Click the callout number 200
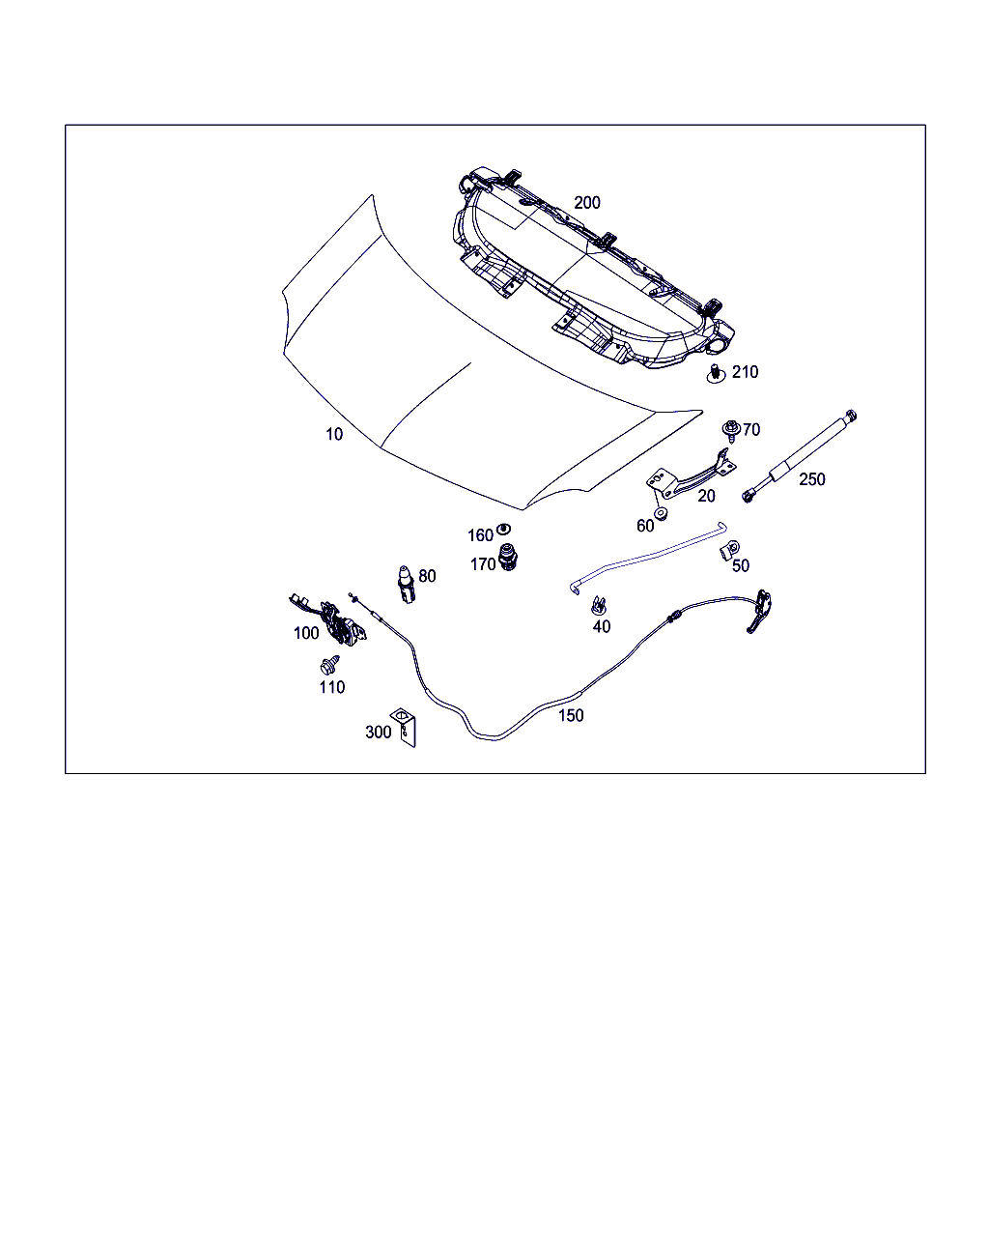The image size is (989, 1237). pyautogui.click(x=586, y=202)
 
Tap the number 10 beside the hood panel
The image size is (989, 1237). pyautogui.click(x=334, y=434)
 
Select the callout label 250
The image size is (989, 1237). pyautogui.click(x=811, y=478)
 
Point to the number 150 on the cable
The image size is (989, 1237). pyautogui.click(x=571, y=715)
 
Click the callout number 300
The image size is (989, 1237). pyautogui.click(x=379, y=732)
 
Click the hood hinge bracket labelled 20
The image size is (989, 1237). pyautogui.click(x=692, y=475)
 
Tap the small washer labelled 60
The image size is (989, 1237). pyautogui.click(x=661, y=513)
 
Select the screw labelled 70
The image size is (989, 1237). pyautogui.click(x=731, y=430)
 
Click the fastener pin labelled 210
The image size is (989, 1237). pyautogui.click(x=716, y=374)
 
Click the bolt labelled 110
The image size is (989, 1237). pyautogui.click(x=329, y=665)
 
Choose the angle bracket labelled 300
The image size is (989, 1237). pyautogui.click(x=404, y=727)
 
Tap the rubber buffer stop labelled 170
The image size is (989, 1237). pyautogui.click(x=507, y=557)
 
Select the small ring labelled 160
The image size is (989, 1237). pyautogui.click(x=504, y=529)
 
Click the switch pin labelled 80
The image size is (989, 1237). pyautogui.click(x=406, y=585)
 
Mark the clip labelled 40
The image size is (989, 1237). pyautogui.click(x=598, y=605)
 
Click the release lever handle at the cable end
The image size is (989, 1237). pyautogui.click(x=760, y=612)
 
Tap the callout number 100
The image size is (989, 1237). pyautogui.click(x=306, y=633)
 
